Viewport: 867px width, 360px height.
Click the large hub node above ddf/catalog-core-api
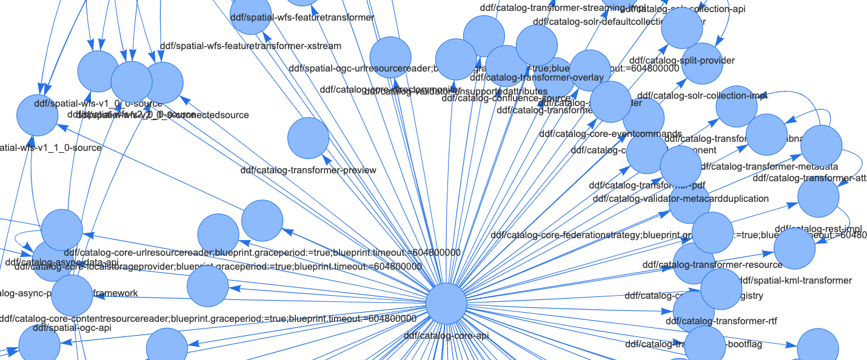point(446,305)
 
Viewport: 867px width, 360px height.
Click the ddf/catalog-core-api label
point(446,335)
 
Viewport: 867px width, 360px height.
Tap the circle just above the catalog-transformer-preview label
point(308,138)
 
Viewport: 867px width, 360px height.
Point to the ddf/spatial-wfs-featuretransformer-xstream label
point(250,45)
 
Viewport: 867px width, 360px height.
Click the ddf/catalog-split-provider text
point(682,61)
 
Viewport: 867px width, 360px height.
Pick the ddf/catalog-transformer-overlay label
point(537,78)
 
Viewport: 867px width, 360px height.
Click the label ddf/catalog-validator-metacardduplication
point(681,198)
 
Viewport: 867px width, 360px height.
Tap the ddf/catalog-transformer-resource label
point(712,264)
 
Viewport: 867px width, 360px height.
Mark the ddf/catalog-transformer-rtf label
point(721,321)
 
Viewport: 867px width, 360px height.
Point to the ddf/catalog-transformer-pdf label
point(647,185)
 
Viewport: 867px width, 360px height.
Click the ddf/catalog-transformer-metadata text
point(769,166)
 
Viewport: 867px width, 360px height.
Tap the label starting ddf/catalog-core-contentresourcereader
point(208,318)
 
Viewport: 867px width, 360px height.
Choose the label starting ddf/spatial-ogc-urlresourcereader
point(364,68)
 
